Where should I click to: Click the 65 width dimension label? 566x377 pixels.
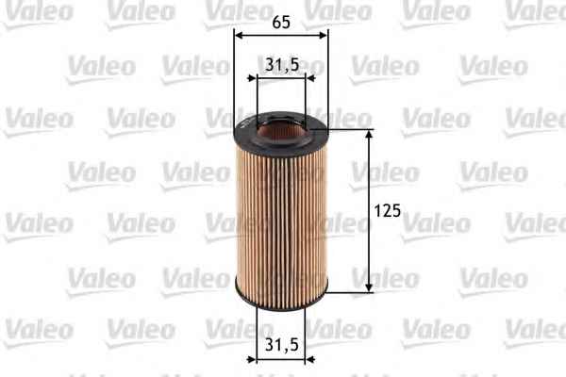(281, 22)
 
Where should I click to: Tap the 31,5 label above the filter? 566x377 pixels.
(282, 65)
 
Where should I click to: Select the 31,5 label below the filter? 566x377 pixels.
(282, 345)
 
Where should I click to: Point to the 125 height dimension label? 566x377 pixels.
(388, 211)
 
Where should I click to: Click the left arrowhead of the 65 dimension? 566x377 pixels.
(239, 35)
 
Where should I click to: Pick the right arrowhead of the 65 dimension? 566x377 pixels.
(323, 35)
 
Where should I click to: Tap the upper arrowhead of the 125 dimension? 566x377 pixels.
(369, 135)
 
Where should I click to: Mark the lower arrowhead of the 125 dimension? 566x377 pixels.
(369, 287)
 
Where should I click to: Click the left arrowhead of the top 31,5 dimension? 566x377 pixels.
(252, 78)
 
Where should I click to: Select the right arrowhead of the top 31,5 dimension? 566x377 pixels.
(310, 78)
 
